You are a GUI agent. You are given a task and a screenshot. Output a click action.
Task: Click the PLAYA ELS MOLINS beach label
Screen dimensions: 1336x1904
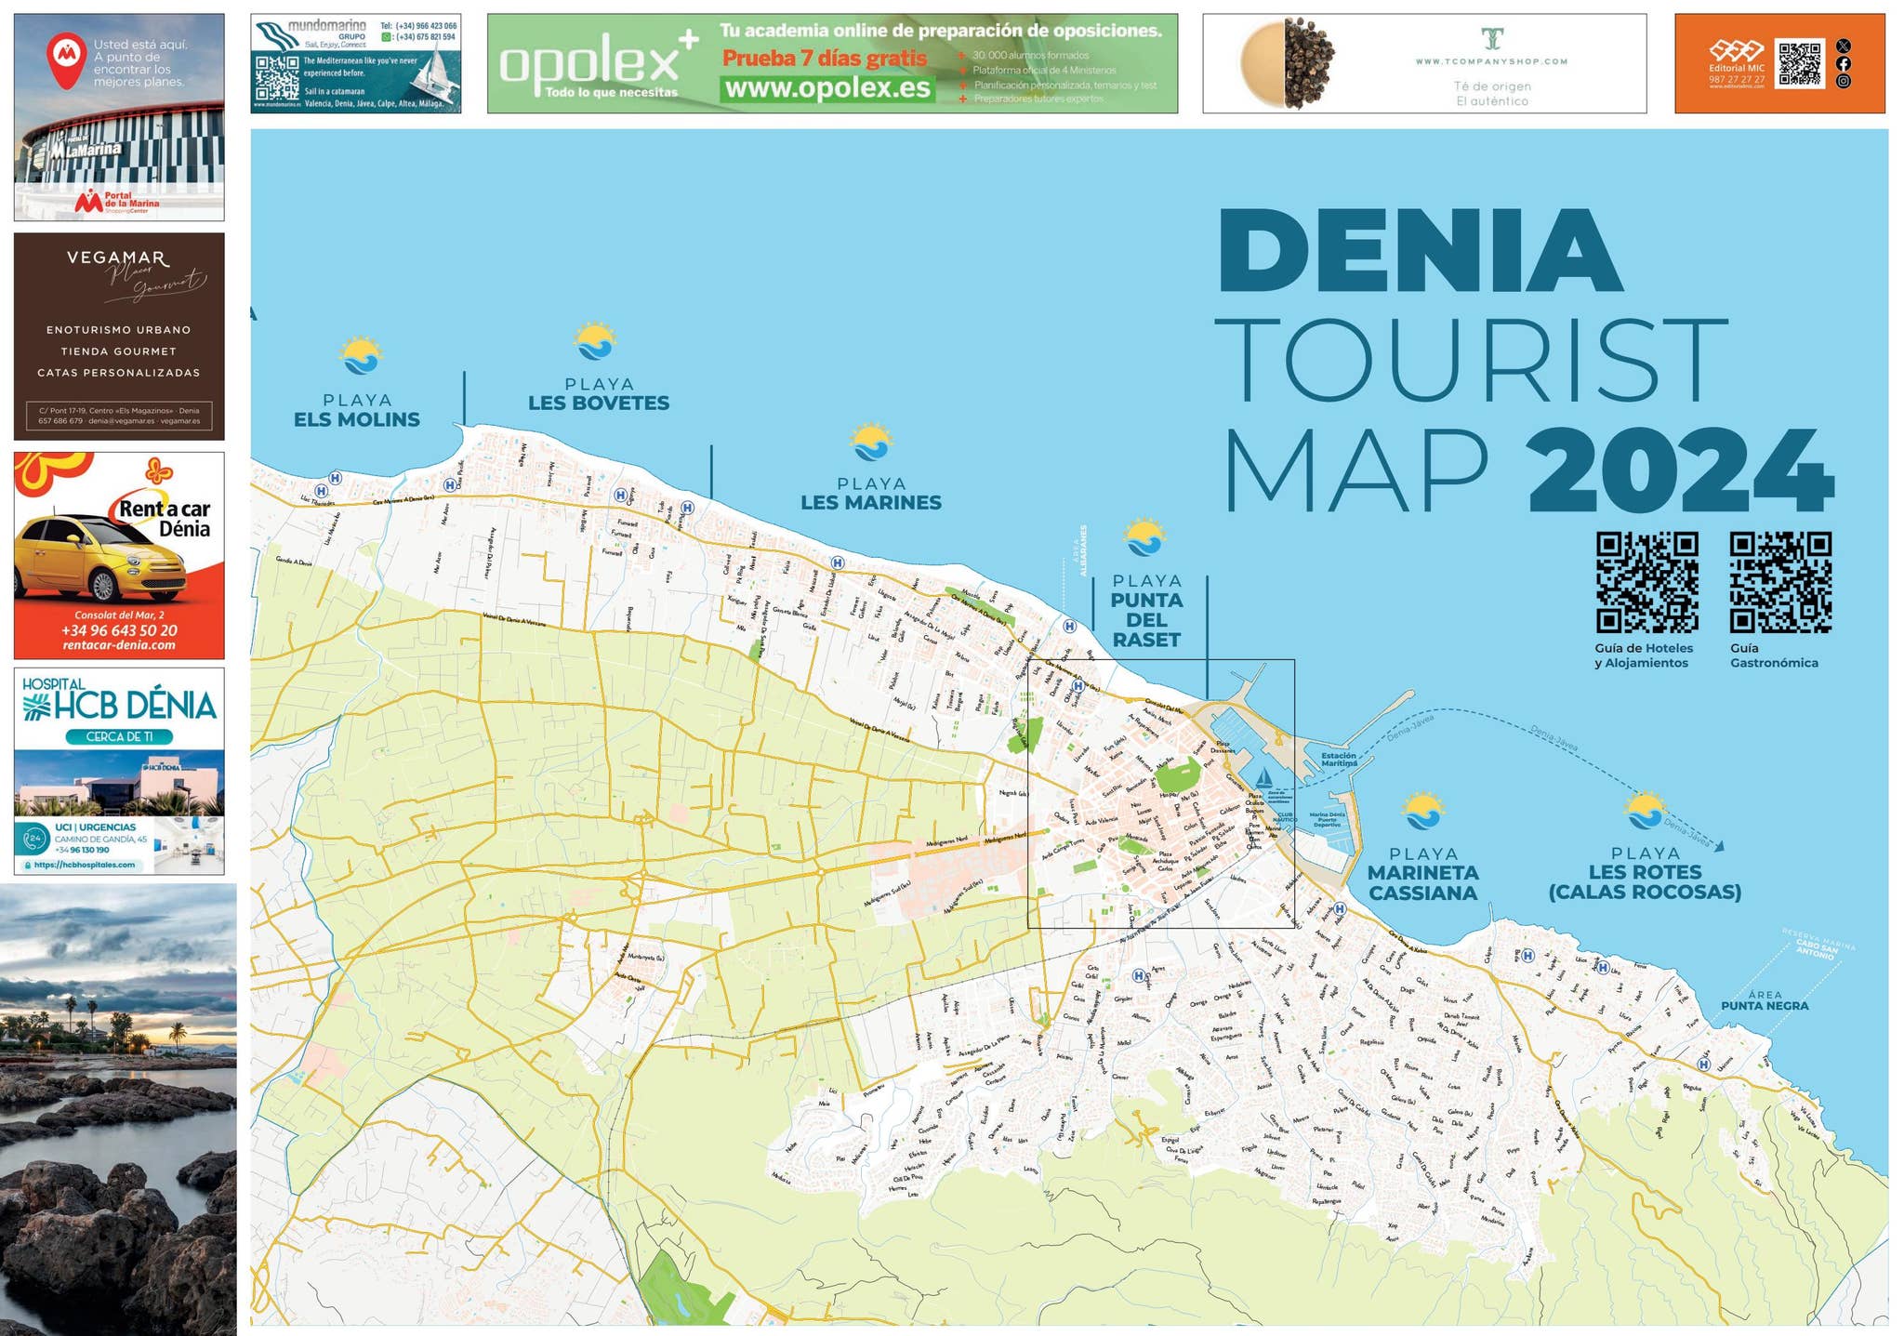tap(357, 410)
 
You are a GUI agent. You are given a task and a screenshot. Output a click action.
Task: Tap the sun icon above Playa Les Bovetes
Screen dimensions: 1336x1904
tap(595, 341)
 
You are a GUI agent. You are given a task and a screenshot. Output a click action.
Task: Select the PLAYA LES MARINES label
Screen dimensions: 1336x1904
tap(871, 494)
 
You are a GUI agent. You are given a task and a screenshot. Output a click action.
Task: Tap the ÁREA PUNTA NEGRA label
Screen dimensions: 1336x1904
tap(1764, 1001)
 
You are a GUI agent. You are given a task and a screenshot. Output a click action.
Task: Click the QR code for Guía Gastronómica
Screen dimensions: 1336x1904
tap(1779, 582)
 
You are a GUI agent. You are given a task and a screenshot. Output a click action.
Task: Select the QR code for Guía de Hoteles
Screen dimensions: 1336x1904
tap(1646, 582)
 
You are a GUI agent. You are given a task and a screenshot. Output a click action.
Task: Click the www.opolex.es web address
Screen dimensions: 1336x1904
tap(826, 88)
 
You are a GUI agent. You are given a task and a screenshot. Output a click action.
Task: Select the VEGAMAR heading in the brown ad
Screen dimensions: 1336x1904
tap(117, 258)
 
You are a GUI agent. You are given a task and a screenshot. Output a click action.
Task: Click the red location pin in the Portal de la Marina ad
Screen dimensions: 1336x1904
tap(66, 59)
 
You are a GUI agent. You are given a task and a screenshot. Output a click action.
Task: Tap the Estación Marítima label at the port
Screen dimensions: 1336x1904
tap(1339, 760)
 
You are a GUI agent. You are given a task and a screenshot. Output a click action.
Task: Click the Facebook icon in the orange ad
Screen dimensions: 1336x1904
tap(1844, 64)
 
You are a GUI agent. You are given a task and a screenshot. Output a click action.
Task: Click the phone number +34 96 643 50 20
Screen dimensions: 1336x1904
tap(119, 630)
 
